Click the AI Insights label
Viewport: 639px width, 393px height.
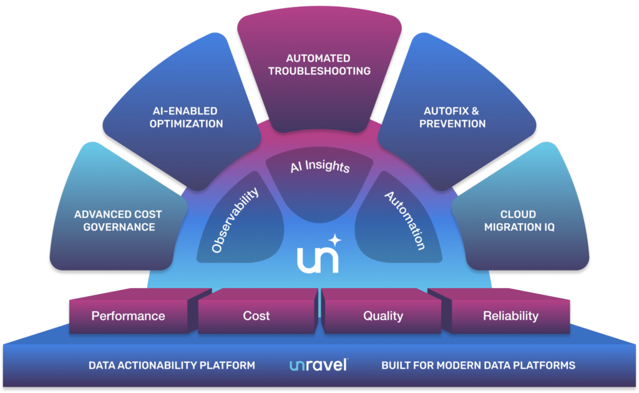(x=319, y=167)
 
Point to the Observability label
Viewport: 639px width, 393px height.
(x=235, y=221)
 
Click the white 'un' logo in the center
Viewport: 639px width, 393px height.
(x=318, y=259)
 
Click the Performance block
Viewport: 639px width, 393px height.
(x=128, y=316)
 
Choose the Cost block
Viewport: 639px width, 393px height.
(x=256, y=316)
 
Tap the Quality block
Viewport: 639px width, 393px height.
(x=383, y=316)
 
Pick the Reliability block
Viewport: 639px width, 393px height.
(x=510, y=316)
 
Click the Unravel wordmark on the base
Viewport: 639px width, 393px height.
(x=318, y=365)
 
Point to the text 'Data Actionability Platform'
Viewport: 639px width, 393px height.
(x=172, y=365)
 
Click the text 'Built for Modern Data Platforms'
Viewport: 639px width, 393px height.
(x=478, y=365)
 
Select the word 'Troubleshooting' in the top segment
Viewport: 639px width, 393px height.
(x=319, y=71)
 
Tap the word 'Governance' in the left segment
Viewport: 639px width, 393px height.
(x=118, y=227)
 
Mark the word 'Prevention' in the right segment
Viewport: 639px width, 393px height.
(x=452, y=124)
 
